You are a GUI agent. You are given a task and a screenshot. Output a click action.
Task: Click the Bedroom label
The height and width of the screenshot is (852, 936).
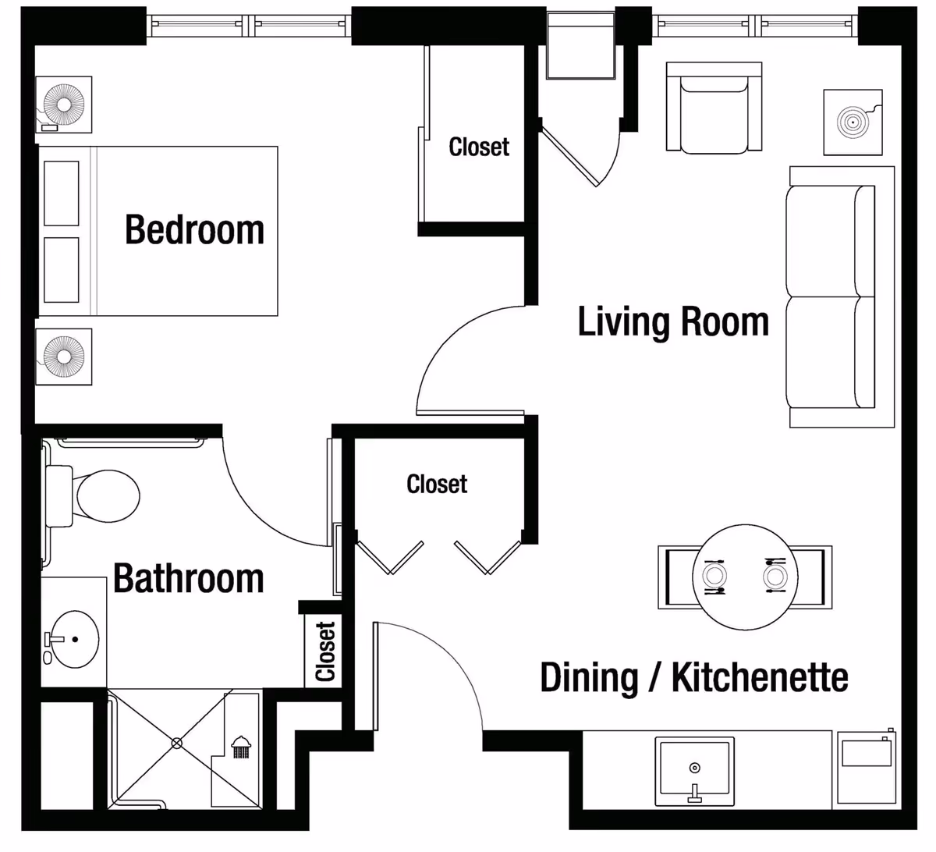[194, 229]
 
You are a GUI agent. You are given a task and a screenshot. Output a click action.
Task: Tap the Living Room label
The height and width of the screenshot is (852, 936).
[673, 321]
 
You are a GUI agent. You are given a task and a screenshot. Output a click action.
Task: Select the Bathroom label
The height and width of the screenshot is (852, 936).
[189, 578]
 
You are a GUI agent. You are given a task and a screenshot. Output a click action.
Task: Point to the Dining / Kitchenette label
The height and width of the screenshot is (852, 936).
[694, 678]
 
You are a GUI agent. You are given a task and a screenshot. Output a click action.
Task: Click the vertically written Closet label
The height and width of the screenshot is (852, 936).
[325, 651]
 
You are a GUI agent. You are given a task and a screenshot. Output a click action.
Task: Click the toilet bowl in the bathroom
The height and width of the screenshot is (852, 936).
[108, 495]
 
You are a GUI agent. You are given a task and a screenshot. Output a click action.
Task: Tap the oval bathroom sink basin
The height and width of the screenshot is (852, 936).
[75, 639]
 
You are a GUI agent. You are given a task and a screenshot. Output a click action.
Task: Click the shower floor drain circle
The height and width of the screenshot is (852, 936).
[177, 744]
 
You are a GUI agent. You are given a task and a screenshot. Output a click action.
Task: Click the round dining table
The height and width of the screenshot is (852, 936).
[745, 577]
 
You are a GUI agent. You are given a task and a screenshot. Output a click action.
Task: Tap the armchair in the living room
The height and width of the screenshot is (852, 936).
[714, 108]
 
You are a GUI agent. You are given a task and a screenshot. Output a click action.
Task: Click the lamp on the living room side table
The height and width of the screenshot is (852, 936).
[853, 122]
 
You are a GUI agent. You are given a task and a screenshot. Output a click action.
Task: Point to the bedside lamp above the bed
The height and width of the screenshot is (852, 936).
[64, 105]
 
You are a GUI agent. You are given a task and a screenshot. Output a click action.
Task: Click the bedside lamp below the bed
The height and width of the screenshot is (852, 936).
[64, 357]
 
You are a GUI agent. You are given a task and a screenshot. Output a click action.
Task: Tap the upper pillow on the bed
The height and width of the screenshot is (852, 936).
[62, 193]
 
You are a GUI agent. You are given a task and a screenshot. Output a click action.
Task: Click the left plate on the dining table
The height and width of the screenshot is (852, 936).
[714, 575]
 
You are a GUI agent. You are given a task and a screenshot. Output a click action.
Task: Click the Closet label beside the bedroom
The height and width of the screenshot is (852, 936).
[479, 147]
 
